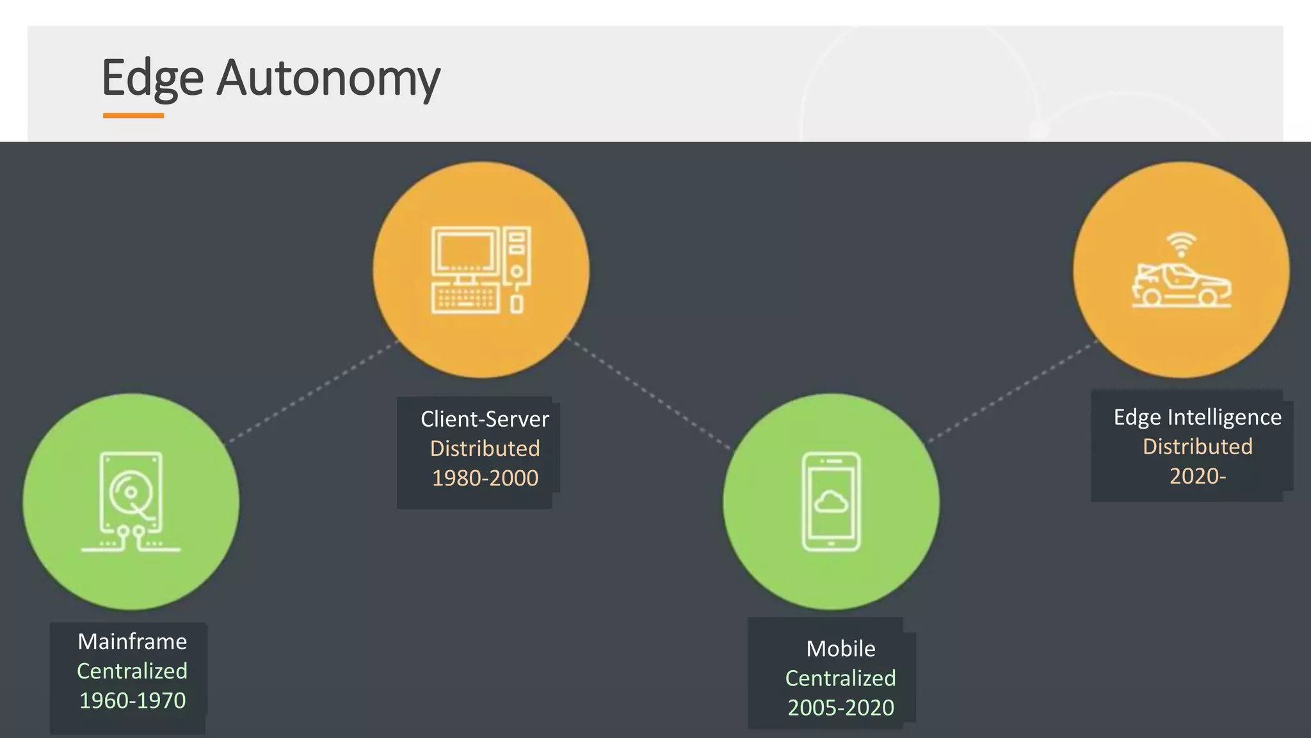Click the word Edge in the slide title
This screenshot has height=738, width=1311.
coord(152,78)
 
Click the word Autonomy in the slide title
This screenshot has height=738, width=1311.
coord(328,78)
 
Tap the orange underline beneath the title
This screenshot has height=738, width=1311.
coord(133,116)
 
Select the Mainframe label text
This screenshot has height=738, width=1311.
coord(133,641)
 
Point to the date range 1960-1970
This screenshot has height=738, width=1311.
coord(133,700)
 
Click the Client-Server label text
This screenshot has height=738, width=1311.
coord(485,419)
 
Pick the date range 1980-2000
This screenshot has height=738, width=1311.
coord(485,478)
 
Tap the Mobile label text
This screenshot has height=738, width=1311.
coord(840,648)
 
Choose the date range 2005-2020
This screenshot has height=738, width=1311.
coord(840,707)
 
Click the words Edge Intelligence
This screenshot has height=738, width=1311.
coord(1197,417)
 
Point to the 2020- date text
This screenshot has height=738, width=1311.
coord(1197,476)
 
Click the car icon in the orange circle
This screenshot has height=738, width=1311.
coord(1181,285)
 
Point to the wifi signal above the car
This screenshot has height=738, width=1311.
coord(1181,243)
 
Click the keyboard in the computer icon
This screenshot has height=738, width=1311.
coord(465,300)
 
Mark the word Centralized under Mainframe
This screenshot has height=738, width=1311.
coord(133,671)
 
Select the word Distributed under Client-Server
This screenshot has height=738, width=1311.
coord(485,448)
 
